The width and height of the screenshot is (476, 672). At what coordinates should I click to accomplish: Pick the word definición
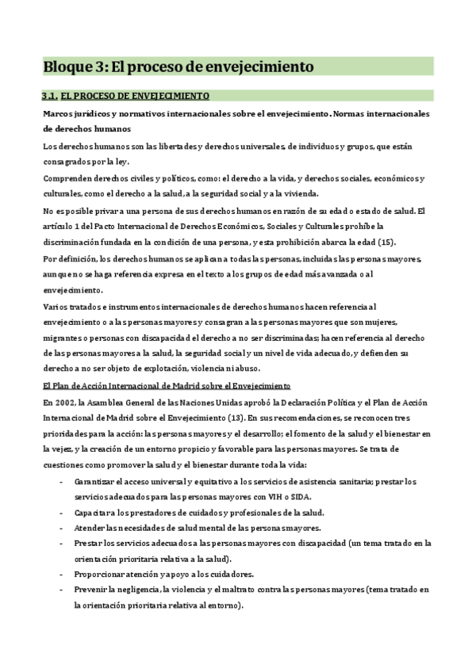click(x=83, y=258)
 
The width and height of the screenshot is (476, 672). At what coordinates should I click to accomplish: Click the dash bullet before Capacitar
click(x=62, y=513)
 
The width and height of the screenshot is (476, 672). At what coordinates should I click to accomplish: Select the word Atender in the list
click(x=90, y=528)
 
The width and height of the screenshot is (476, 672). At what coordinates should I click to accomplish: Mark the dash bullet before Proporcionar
click(x=62, y=574)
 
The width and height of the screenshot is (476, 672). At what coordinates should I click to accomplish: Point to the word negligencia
click(x=130, y=590)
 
